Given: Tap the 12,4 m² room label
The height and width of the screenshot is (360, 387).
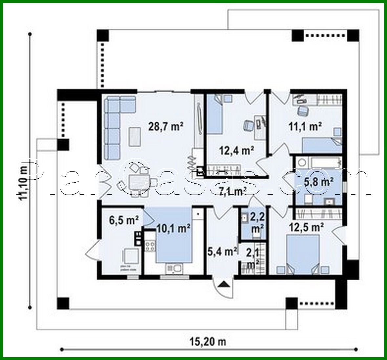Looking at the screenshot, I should click(x=236, y=150).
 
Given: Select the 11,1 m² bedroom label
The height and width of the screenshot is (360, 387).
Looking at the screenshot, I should click(x=305, y=126).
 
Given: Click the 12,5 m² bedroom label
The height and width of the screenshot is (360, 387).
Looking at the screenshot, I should click(x=306, y=227).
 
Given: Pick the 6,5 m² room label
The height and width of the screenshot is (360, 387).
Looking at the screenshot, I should click(x=124, y=220).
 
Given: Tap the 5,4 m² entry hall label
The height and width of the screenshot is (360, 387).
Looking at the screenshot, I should click(x=222, y=251).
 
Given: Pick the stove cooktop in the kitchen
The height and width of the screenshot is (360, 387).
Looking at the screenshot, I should click(x=150, y=246).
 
